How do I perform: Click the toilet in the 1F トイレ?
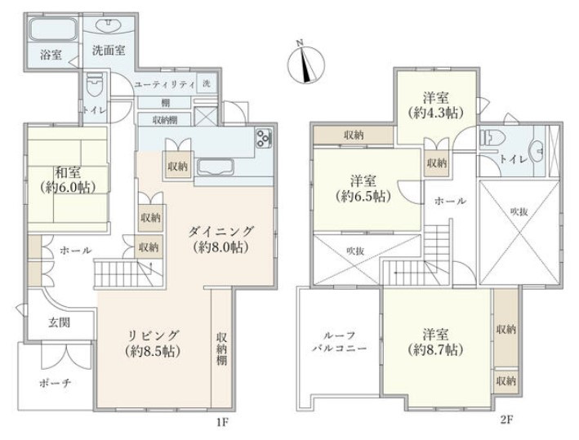pos(96,85)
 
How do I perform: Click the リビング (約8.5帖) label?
pos(153,343)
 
